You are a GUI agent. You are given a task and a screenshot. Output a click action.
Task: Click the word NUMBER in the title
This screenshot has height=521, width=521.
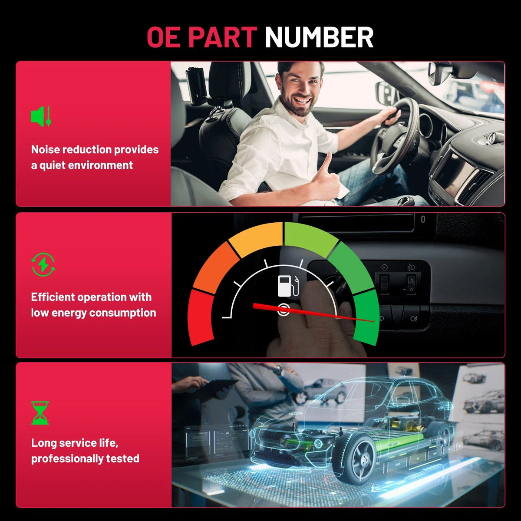tap(319, 37)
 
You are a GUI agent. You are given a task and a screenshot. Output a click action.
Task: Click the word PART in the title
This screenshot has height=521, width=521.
tap(221, 37)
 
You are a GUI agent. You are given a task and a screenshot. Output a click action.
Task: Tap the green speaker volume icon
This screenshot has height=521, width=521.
tap(41, 116)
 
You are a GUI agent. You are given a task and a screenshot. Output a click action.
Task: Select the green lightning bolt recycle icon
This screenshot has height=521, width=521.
tap(43, 264)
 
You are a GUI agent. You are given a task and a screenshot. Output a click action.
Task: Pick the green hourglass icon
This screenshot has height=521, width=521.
tap(40, 413)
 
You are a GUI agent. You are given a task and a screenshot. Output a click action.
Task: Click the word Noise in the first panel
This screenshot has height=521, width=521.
tap(45, 149)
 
